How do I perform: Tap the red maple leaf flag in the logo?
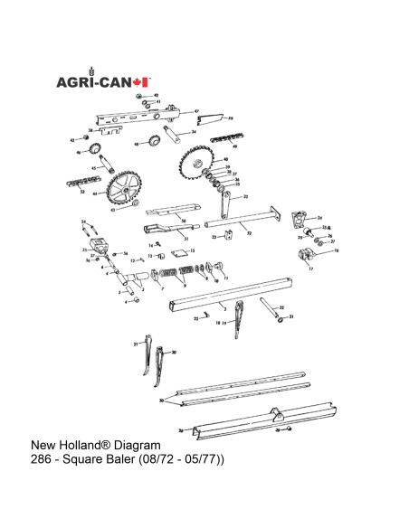pyautogui.click(x=142, y=82)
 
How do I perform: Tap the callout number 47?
pyautogui.click(x=197, y=109)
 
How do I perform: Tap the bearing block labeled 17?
pyautogui.click(x=300, y=264)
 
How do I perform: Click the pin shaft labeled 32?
pyautogui.click(x=270, y=305)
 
